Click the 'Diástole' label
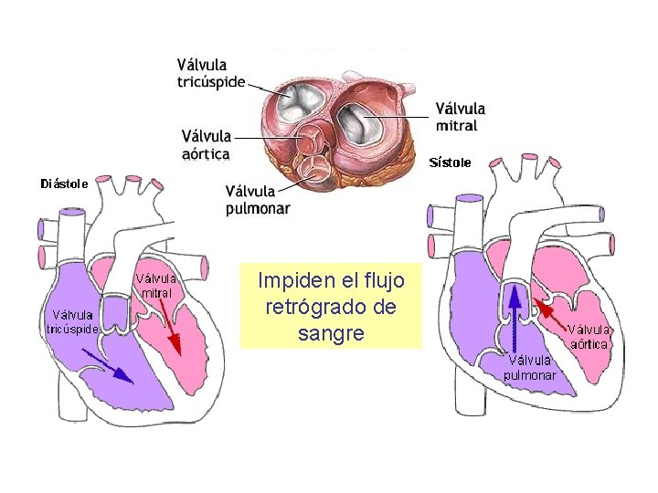(x=64, y=183)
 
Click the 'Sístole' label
(x=450, y=163)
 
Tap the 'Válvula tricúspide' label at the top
(x=211, y=72)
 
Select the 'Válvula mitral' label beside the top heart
(x=461, y=116)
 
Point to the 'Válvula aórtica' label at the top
(x=206, y=145)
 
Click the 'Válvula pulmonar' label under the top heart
(x=258, y=199)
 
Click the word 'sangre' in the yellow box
(x=331, y=333)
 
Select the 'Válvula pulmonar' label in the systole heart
(x=530, y=367)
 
